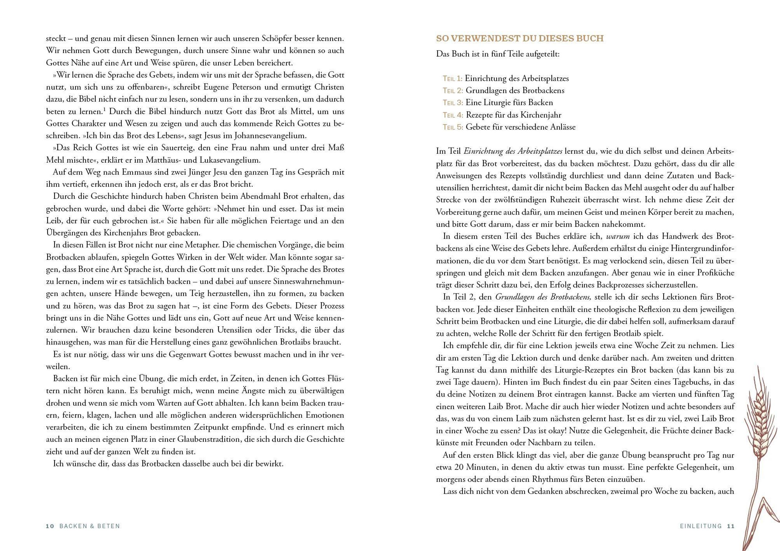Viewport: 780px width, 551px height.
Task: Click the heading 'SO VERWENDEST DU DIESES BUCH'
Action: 520,38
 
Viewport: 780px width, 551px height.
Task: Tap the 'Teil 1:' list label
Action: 452,78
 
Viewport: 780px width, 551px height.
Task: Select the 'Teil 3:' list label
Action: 453,103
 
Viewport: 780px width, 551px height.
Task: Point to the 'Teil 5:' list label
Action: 453,127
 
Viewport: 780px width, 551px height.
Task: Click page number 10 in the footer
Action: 50,526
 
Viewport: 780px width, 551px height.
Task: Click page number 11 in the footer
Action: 731,526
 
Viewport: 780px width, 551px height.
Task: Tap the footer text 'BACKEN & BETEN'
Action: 90,526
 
